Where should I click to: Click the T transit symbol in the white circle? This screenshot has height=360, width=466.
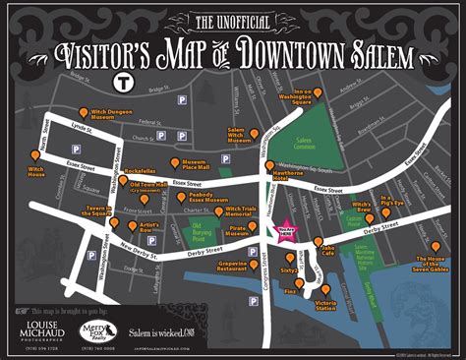pyautogui.click(x=124, y=82)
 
